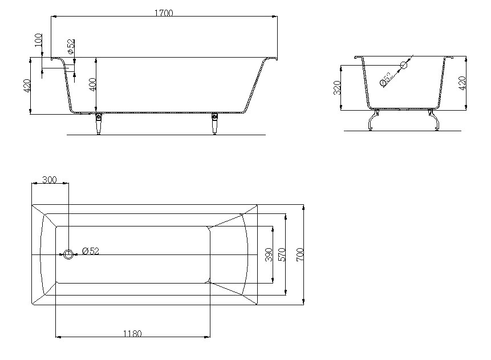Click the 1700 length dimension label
tap(164, 13)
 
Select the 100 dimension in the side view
tap(39, 40)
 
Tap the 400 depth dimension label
tap(93, 84)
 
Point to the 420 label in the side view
tap(27, 86)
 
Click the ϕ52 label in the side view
tap(71, 46)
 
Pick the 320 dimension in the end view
tap(337, 88)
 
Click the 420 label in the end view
tap(462, 83)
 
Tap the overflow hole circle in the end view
tap(404, 65)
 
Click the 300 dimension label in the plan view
tap(50, 180)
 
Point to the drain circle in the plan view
tap(68, 254)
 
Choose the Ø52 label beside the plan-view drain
tap(91, 251)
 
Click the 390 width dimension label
tap(269, 254)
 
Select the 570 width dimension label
tap(282, 254)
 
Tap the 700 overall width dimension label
tap(300, 254)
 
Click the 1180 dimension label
tap(132, 334)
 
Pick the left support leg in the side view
tap(98, 123)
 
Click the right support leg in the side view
tap(215, 123)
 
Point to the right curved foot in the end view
tap(433, 119)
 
